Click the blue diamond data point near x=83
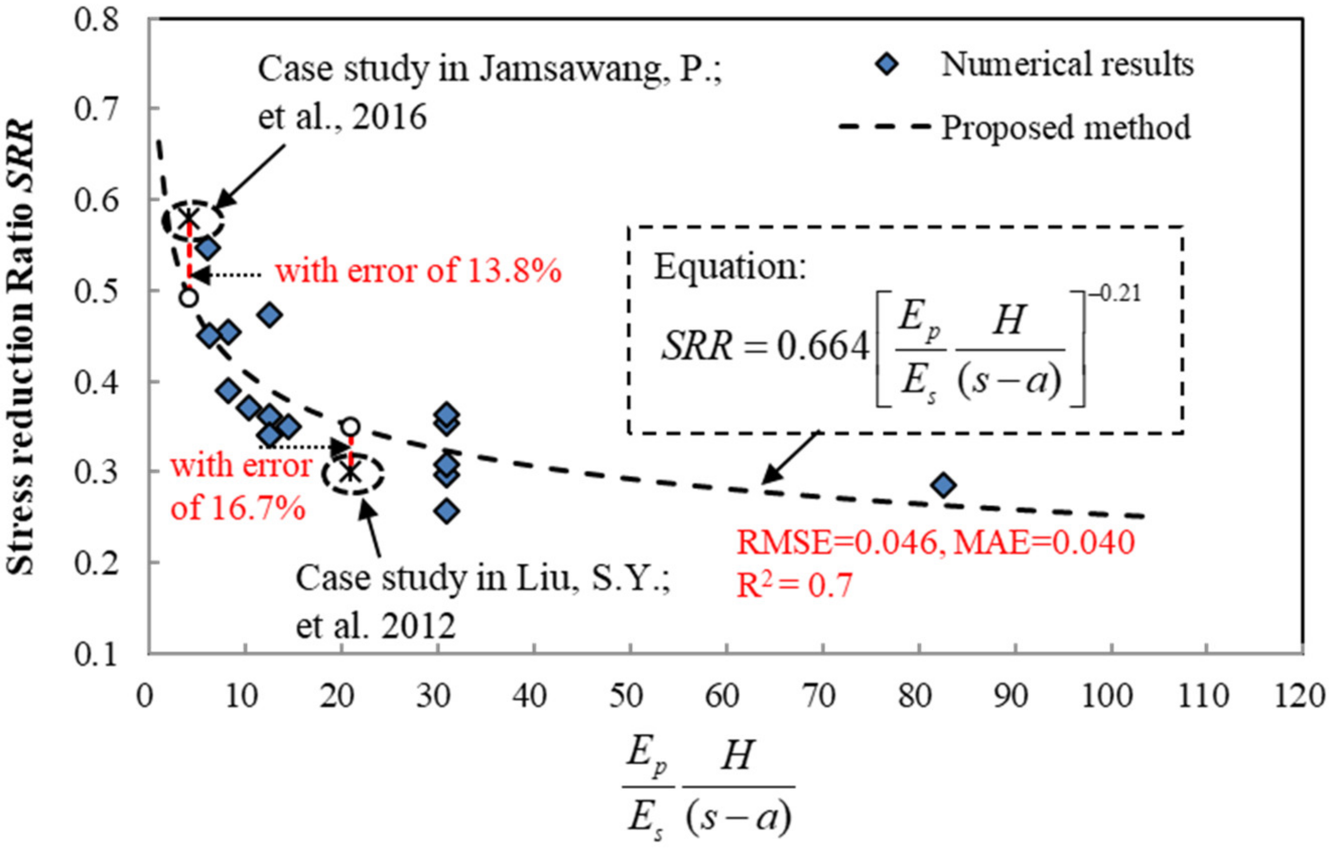pyautogui.click(x=944, y=485)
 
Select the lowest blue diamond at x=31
pyautogui.click(x=447, y=511)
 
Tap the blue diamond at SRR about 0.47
pyautogui.click(x=270, y=315)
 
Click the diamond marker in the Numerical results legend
pyautogui.click(x=887, y=65)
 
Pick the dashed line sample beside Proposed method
pyautogui.click(x=885, y=127)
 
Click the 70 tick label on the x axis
pyautogui.click(x=820, y=696)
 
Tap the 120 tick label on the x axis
pyautogui.click(x=1299, y=696)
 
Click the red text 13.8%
pyautogui.click(x=514, y=271)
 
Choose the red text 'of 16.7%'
pyautogui.click(x=238, y=506)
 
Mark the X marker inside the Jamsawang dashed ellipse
pyautogui.click(x=188, y=217)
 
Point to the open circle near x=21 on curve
pyautogui.click(x=350, y=427)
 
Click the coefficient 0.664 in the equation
pyautogui.click(x=823, y=347)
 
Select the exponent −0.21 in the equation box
pyautogui.click(x=1114, y=293)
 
